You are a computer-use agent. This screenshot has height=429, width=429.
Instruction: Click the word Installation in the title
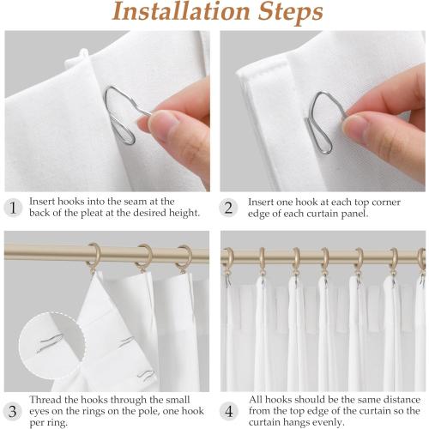coord(175,14)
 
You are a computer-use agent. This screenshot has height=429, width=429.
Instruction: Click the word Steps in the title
coord(288,14)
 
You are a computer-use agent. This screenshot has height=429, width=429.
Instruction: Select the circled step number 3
coord(13,410)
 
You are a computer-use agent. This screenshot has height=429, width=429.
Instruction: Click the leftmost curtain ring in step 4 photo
coord(228,257)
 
